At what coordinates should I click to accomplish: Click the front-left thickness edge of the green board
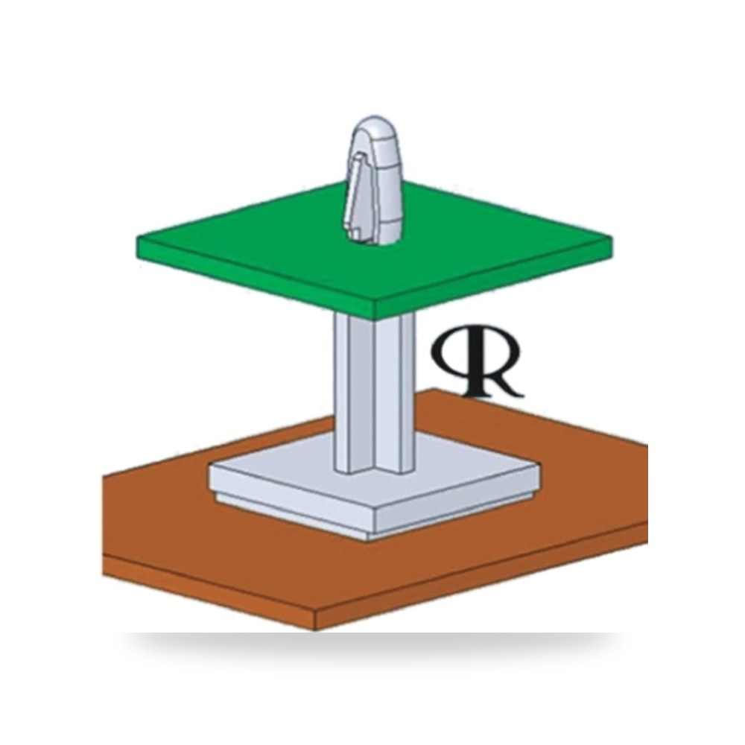click(x=256, y=280)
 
